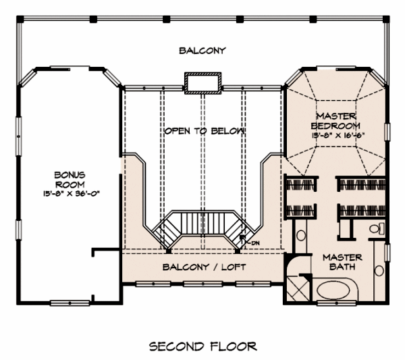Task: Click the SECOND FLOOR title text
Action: pyautogui.click(x=202, y=346)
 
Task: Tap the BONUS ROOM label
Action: pyautogui.click(x=69, y=180)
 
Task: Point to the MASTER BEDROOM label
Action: pyautogui.click(x=335, y=120)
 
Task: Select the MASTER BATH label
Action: pyautogui.click(x=342, y=262)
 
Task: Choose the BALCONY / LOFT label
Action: pyautogui.click(x=205, y=267)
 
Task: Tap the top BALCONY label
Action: pyautogui.click(x=202, y=50)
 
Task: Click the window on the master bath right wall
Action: pyautogui.click(x=387, y=252)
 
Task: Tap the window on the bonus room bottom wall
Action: pyautogui.click(x=70, y=302)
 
